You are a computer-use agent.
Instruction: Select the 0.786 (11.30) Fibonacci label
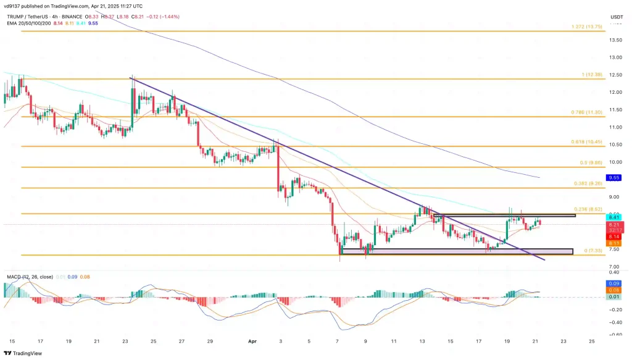click(586, 113)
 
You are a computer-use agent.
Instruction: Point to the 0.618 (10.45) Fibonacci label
click(586, 143)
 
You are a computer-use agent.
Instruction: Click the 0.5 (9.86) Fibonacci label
click(589, 163)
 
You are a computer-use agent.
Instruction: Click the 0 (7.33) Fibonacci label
click(590, 251)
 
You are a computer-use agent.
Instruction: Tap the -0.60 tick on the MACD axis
click(614, 335)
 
